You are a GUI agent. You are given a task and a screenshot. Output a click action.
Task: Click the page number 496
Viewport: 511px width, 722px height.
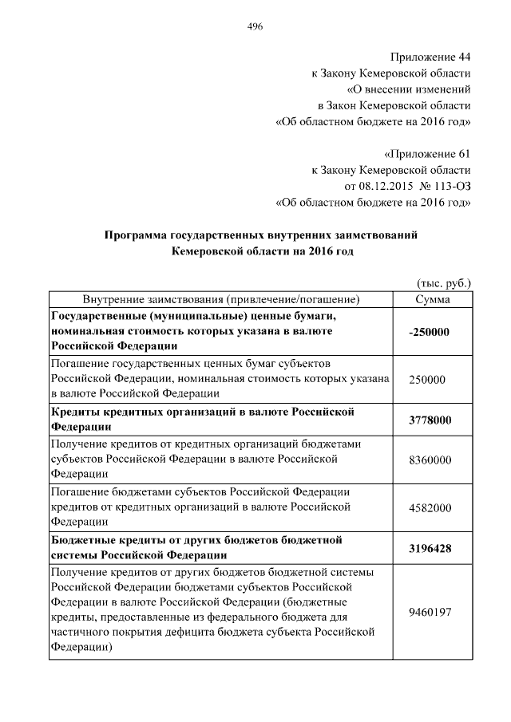click(x=255, y=26)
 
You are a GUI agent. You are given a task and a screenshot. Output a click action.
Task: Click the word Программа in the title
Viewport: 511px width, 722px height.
click(x=136, y=235)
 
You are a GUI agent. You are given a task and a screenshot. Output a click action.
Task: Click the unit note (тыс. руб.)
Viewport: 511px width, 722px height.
click(x=444, y=283)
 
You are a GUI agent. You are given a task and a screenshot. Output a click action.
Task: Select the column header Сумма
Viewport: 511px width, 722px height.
click(x=433, y=299)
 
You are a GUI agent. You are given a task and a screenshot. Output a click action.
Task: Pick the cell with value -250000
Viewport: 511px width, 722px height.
click(x=430, y=331)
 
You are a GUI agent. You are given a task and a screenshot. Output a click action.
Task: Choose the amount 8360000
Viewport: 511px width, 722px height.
click(x=430, y=460)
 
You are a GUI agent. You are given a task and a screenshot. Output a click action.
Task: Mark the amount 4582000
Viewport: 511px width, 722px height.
click(x=430, y=508)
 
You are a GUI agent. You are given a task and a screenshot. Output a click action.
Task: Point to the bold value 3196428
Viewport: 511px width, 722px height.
click(x=430, y=549)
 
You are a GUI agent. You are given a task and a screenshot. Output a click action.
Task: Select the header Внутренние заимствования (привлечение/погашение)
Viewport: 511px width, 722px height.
click(x=220, y=299)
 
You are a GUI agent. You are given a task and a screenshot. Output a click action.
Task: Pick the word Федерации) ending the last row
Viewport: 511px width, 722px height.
click(x=81, y=649)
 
